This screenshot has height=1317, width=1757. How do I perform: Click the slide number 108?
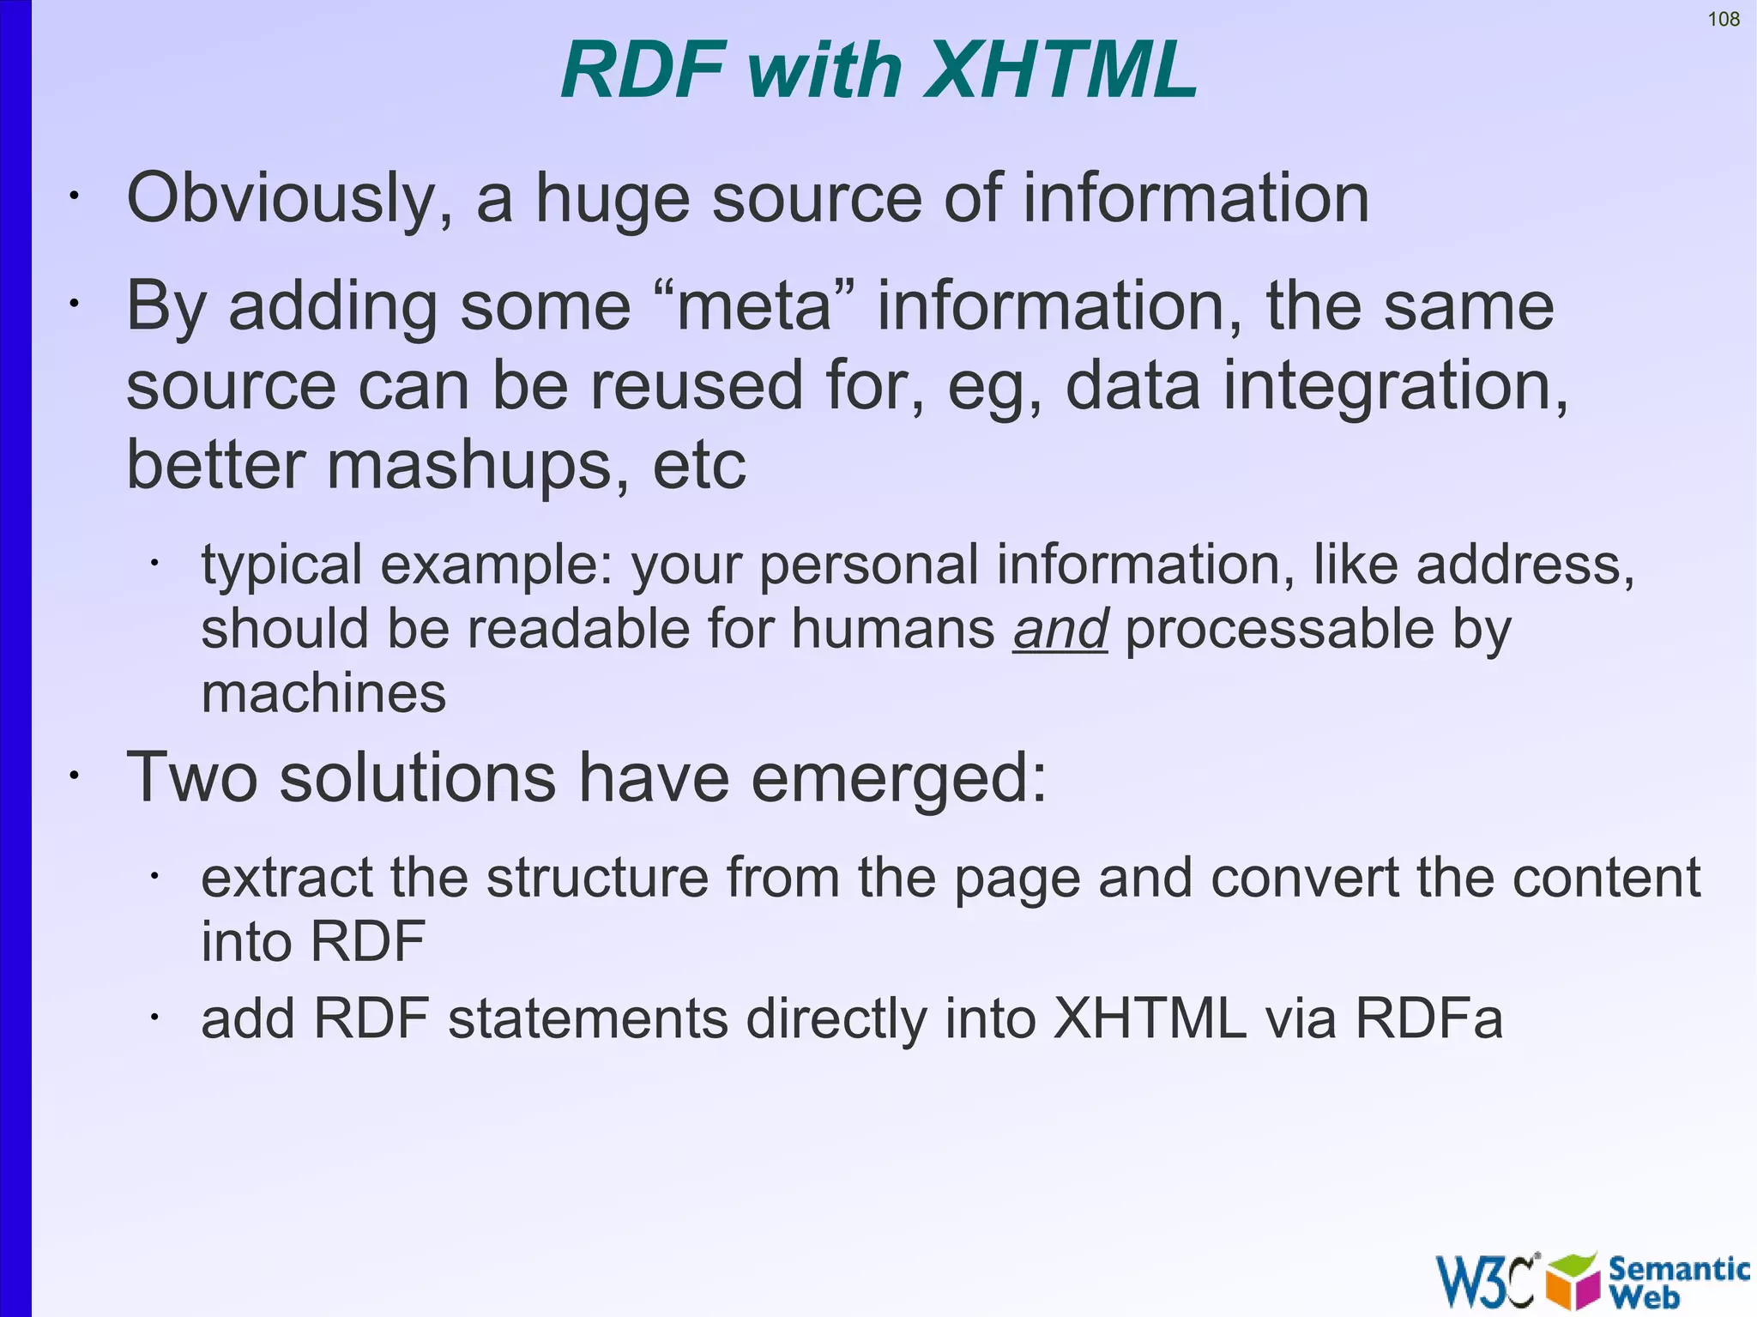(x=1724, y=19)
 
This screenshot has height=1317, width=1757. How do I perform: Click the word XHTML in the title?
(x=1060, y=70)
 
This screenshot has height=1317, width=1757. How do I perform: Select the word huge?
(x=613, y=199)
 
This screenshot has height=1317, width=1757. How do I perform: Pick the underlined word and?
(x=1060, y=629)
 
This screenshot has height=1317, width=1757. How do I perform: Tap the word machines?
(x=323, y=693)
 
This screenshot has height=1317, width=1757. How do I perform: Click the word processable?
(x=1278, y=629)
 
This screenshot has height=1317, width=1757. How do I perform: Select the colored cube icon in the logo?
(x=1573, y=1282)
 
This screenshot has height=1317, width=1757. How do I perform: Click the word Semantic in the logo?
(x=1678, y=1268)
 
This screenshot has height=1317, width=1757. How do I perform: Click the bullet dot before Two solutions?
(x=75, y=776)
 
